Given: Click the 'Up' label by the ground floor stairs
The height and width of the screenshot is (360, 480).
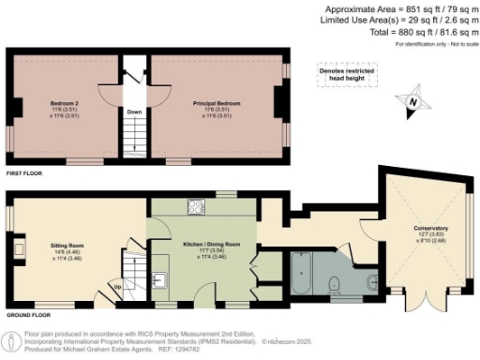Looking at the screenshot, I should point(117,287).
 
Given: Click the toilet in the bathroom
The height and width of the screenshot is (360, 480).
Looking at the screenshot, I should point(335,284).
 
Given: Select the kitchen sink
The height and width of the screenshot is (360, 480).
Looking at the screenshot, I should point(160,278).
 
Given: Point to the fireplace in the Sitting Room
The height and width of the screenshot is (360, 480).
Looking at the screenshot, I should point(18,249).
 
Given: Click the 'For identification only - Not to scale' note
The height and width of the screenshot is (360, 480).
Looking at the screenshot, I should point(435,45).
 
